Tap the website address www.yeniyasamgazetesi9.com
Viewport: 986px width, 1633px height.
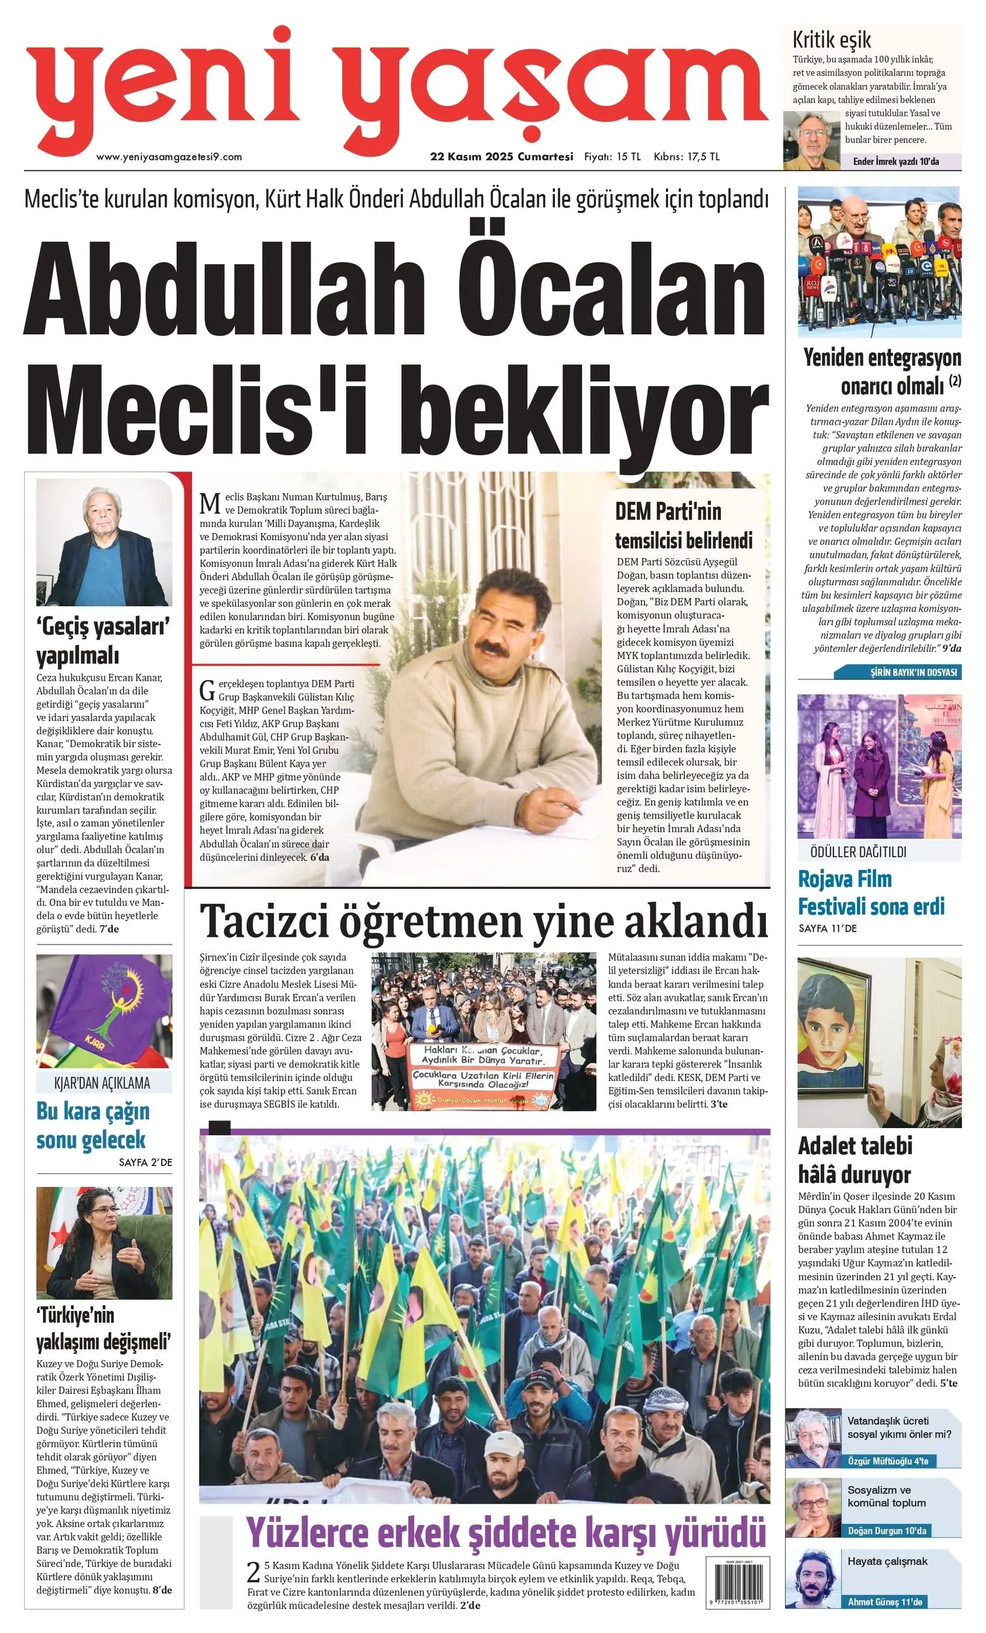(169, 157)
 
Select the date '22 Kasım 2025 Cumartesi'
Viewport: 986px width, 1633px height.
(501, 157)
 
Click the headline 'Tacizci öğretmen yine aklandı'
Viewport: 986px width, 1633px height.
(484, 920)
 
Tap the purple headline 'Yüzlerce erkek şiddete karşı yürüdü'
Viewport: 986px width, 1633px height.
(506, 1533)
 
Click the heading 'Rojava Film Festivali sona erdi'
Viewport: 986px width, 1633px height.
(870, 893)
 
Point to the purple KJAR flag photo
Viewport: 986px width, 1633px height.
(104, 1011)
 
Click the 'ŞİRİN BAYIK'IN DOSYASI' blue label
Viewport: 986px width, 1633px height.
(913, 672)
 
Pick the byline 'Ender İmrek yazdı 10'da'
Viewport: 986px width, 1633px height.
(895, 161)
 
